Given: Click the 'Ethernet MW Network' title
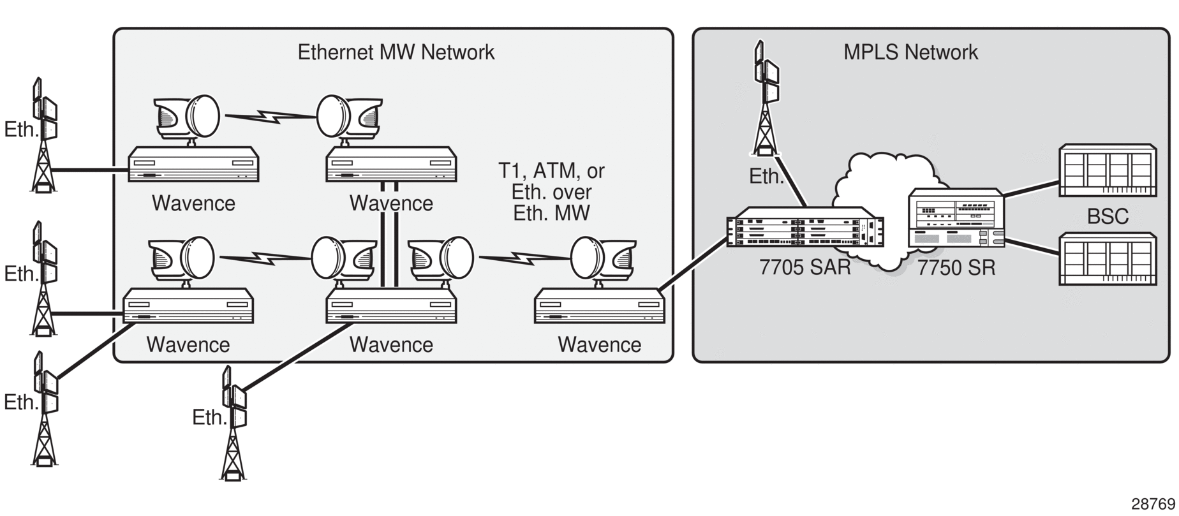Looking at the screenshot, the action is pos(396,52).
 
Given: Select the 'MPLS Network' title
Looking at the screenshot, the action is pos(910,52).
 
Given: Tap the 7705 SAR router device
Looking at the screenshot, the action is pos(806,228).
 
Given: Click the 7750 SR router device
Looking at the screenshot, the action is pos(956,218).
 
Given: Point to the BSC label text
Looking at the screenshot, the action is pos(1108,217).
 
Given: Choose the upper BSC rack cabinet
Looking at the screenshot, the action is pos(1108,170).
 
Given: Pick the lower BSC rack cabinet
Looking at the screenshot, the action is pos(1108,259).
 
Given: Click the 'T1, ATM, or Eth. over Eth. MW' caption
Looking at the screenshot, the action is pos(551,192).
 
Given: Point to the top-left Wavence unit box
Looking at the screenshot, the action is pos(193,164).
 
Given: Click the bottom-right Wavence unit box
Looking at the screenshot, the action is pos(600,306).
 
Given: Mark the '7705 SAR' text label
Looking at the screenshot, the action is pos(805,267).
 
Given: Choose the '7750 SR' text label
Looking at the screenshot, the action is pos(956,267).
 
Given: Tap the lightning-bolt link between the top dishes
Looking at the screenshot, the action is pos(271,117).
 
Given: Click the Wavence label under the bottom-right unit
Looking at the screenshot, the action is pos(600,344).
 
